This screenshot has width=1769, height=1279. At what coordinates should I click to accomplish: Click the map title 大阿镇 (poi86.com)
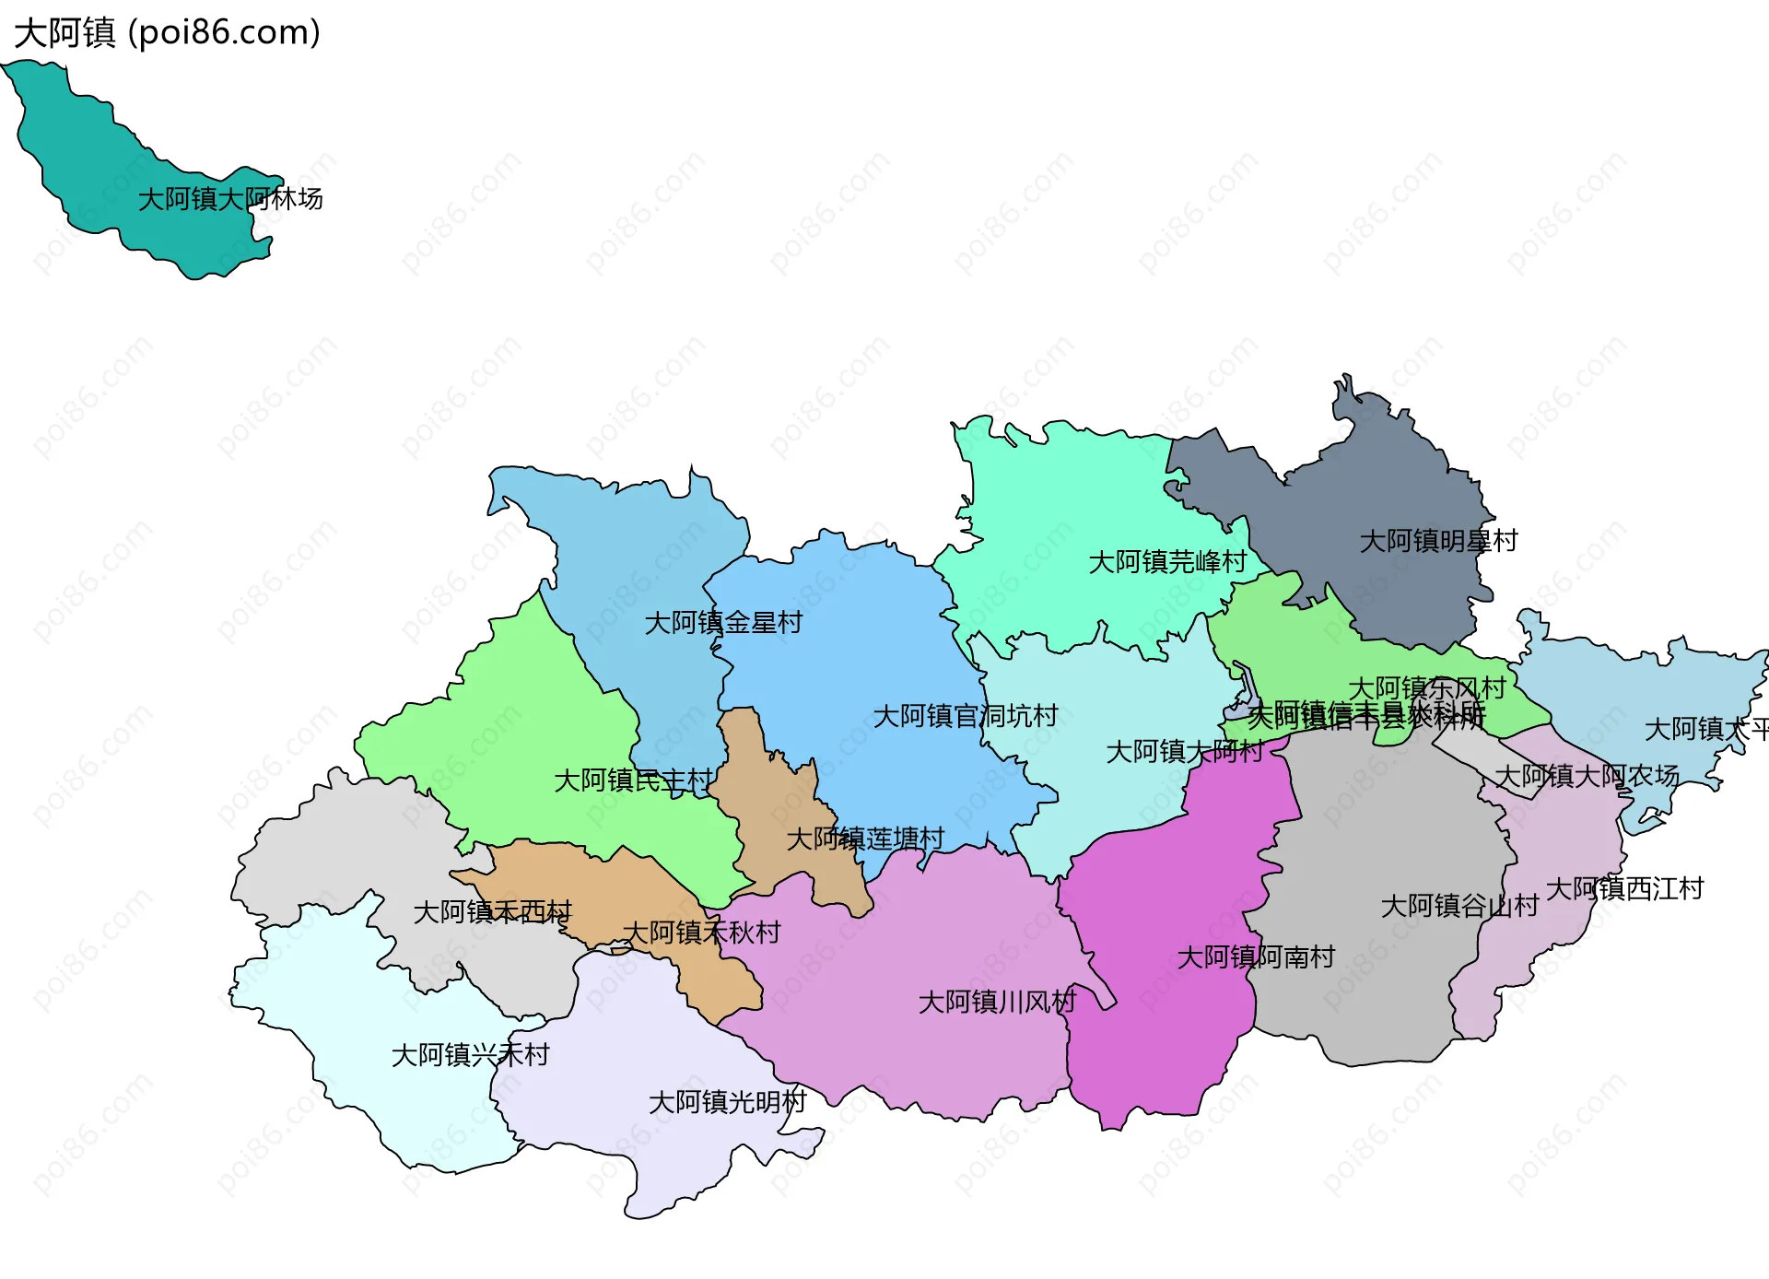(167, 32)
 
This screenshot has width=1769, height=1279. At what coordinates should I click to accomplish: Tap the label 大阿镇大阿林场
(230, 199)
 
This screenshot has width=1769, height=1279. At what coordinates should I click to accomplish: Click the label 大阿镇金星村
(723, 623)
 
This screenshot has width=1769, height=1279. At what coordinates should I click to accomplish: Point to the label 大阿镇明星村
(1438, 541)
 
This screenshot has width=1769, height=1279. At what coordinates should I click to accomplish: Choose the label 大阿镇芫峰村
(1167, 562)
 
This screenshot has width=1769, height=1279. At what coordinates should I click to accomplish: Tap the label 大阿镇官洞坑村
(965, 716)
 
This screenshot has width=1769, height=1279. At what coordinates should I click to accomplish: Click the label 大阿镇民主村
(633, 781)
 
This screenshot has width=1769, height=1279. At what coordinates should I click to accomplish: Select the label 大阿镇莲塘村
(865, 839)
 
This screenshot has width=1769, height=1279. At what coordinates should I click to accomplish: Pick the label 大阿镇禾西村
(492, 912)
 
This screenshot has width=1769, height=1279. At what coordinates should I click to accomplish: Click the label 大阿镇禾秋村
(701, 933)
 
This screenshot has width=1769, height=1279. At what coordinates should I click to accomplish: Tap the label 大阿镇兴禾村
(470, 1055)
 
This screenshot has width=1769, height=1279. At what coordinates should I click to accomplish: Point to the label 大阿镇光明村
(727, 1102)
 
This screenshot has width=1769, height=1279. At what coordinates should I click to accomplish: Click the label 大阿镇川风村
(997, 1002)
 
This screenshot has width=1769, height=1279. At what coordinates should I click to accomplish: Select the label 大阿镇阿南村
(1256, 957)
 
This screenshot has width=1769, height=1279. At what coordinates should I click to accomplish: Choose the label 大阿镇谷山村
(1459, 906)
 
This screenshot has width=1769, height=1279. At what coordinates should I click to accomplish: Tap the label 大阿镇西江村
(1624, 889)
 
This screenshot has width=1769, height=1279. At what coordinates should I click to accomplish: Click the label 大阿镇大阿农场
(1587, 776)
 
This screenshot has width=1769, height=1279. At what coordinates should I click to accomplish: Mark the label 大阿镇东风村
(1426, 687)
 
